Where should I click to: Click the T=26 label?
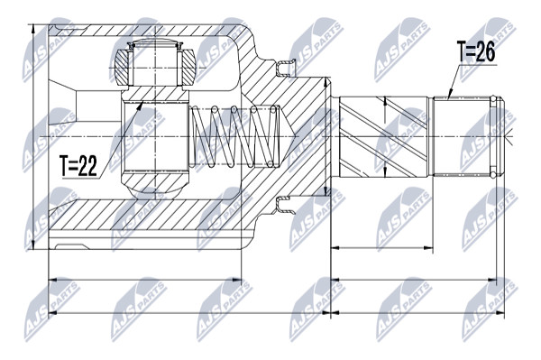[476, 51]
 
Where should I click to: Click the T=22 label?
[78, 166]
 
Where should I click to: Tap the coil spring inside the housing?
[234, 136]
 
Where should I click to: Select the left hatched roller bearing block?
[122, 68]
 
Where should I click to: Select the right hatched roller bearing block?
[188, 68]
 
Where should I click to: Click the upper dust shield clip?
[286, 68]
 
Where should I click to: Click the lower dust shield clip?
[286, 205]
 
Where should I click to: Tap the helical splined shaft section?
[384, 137]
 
